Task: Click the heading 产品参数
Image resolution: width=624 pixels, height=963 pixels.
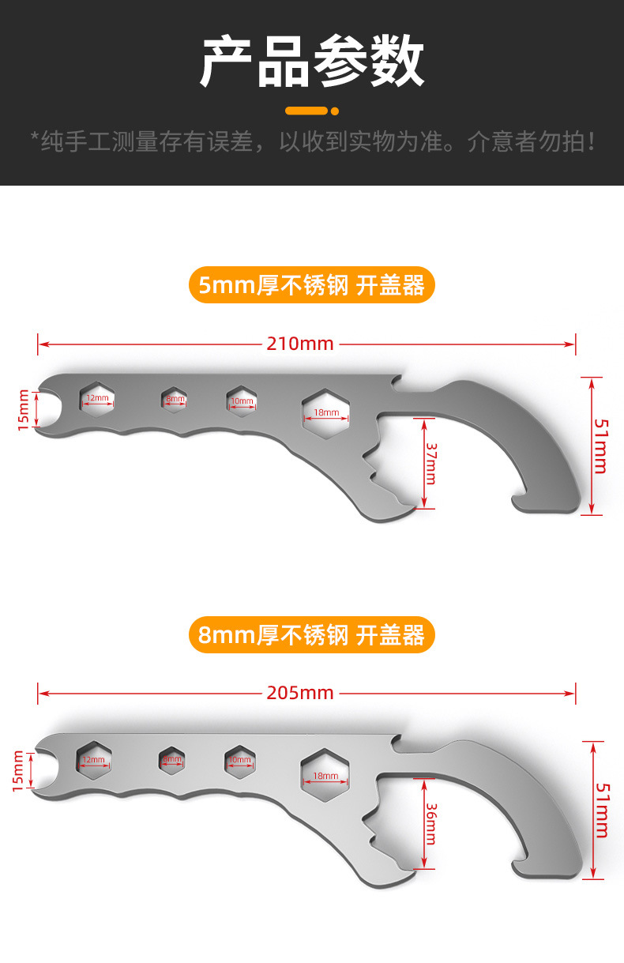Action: pyautogui.click(x=312, y=62)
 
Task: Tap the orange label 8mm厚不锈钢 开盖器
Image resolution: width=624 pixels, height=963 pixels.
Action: pyautogui.click(x=312, y=634)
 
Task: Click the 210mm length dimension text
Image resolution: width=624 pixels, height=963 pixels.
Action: pyautogui.click(x=300, y=344)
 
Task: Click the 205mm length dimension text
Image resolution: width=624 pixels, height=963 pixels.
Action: pyautogui.click(x=300, y=693)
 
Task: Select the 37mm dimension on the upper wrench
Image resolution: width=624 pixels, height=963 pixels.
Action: pyautogui.click(x=430, y=463)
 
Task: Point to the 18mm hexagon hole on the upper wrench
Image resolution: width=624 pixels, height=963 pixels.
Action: pyautogui.click(x=325, y=412)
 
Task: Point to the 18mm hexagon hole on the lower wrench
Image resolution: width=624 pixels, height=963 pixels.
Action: pyautogui.click(x=325, y=775)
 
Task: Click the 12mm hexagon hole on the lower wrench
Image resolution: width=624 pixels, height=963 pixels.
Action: pyautogui.click(x=93, y=759)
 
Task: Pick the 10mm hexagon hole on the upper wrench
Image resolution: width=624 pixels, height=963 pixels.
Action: pyautogui.click(x=242, y=401)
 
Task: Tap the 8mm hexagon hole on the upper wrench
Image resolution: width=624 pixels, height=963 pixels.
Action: pyautogui.click(x=174, y=399)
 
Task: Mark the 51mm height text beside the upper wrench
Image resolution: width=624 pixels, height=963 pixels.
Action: pyautogui.click(x=600, y=446)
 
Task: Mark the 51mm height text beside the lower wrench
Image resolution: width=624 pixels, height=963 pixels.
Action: pyautogui.click(x=600, y=810)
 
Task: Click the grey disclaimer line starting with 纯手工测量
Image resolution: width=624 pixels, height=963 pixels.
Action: pyautogui.click(x=312, y=142)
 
